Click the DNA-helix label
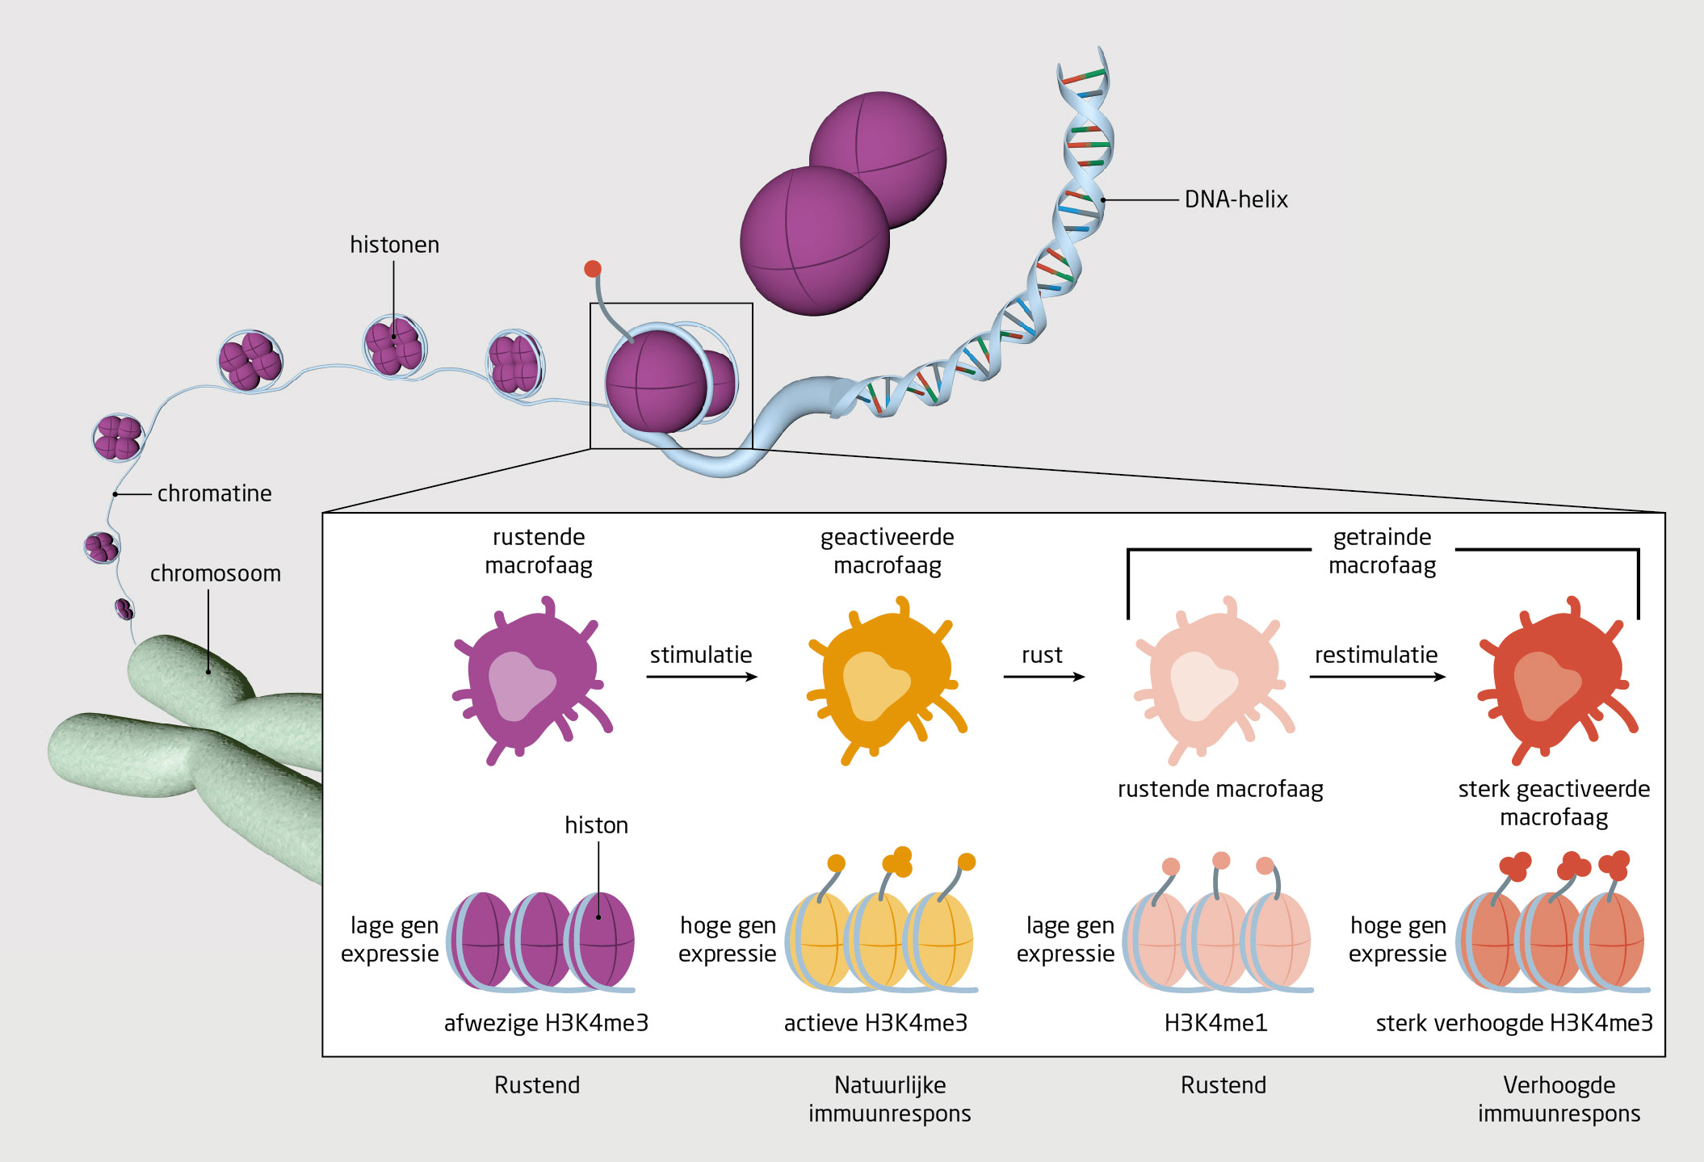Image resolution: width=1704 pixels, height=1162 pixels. pos(1236,199)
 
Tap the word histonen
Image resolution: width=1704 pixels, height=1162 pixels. pos(394,245)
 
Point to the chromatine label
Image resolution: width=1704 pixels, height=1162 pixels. pos(214,493)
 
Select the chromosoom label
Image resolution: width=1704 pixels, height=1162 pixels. pos(215,573)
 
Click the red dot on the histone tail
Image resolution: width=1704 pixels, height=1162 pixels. pos(593,269)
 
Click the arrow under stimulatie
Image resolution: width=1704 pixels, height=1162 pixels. pos(701,677)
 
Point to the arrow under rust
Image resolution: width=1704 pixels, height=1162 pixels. pos(1043,677)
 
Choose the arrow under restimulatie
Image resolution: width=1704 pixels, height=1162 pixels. pos(1377,677)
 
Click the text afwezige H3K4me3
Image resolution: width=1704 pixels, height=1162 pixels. pos(546,1023)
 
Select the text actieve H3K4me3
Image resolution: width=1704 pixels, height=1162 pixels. pos(875,1023)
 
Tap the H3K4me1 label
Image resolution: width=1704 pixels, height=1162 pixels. pos(1215,1023)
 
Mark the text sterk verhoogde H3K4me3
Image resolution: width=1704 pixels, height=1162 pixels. pos(1514,1023)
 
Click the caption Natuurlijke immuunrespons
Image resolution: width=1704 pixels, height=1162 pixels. pos(889,1099)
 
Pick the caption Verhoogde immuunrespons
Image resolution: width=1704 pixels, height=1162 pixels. pos(1559,1099)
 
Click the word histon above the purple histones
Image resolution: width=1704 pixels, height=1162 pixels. pos(596,825)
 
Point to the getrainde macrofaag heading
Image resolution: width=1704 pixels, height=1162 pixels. pos(1382,551)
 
